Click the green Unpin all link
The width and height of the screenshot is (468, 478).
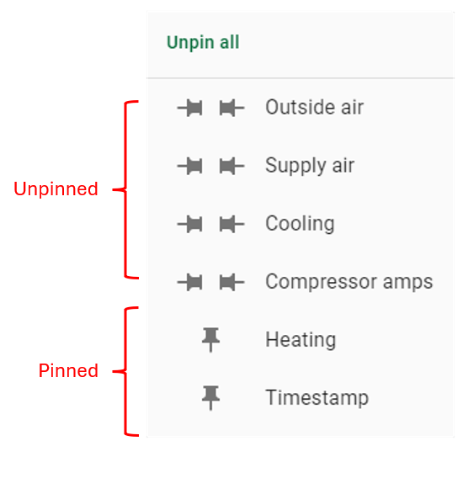click(x=203, y=42)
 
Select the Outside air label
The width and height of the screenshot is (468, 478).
click(x=314, y=107)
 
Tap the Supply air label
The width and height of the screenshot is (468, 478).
click(x=310, y=166)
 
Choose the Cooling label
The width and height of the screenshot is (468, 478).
click(x=300, y=224)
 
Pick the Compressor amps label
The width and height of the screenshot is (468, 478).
click(x=349, y=282)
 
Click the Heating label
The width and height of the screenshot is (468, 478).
click(x=300, y=339)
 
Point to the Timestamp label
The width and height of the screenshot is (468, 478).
click(x=317, y=397)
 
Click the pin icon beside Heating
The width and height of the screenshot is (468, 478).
click(x=210, y=340)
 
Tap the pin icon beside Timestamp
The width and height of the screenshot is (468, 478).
click(x=210, y=398)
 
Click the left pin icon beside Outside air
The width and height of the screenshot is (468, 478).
click(x=189, y=108)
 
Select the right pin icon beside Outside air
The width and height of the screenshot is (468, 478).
click(x=231, y=108)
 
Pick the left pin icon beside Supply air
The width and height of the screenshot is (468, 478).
click(x=189, y=166)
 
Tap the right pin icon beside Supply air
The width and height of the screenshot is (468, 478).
click(x=231, y=166)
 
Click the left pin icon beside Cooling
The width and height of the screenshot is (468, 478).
click(x=189, y=224)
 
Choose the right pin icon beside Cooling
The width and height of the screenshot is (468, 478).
click(x=231, y=224)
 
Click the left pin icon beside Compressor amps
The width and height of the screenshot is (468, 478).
click(x=189, y=282)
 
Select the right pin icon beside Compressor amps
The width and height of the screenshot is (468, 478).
click(x=231, y=282)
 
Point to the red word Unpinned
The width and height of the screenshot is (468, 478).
click(x=56, y=189)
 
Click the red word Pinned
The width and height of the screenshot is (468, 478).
click(x=68, y=371)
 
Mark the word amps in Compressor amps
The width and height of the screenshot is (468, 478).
click(x=408, y=283)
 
